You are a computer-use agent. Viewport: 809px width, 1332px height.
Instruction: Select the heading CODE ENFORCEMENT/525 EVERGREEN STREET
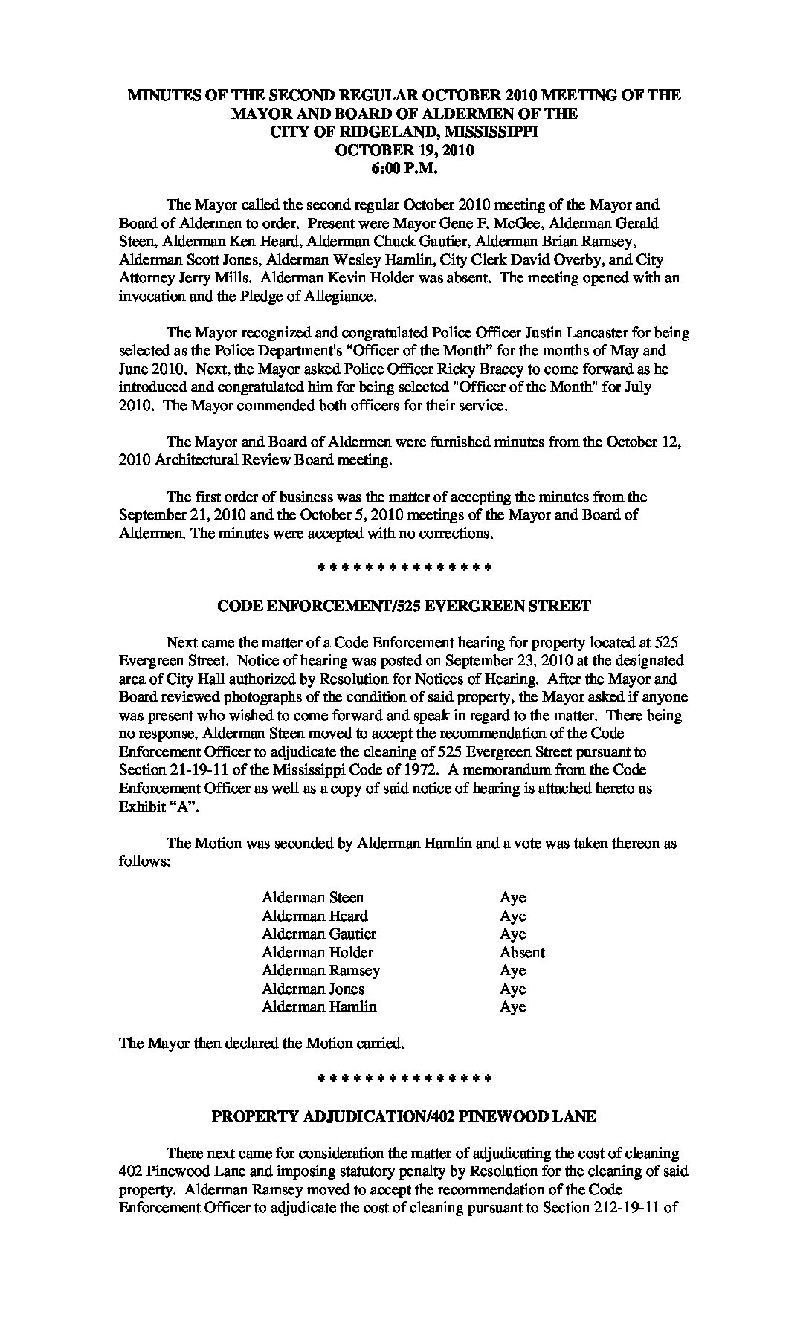point(404,606)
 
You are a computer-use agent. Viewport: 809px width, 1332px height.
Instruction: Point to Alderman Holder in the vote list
point(318,952)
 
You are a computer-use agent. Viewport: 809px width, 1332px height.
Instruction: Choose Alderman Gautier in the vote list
point(319,934)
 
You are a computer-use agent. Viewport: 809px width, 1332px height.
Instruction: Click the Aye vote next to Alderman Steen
point(512,897)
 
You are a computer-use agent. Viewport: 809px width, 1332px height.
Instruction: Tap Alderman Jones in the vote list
point(313,989)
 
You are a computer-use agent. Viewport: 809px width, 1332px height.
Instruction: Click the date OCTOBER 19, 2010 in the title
point(404,149)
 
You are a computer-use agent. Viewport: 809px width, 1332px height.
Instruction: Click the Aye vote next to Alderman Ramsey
point(512,970)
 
